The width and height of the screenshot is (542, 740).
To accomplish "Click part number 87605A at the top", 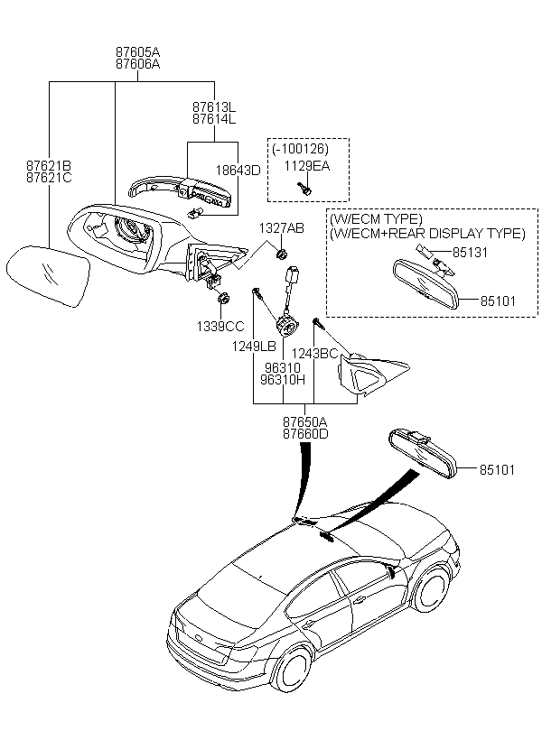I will coord(137,53).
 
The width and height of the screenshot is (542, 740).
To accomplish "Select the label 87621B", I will coord(48,165).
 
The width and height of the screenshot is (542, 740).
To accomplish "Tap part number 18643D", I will coord(237,170).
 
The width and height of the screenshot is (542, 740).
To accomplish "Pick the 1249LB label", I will coord(254,347).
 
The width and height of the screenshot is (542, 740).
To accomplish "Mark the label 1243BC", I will coord(317,353).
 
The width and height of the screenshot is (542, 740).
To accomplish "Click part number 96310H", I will coord(285,380).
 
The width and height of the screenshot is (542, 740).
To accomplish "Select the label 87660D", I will coord(305,434).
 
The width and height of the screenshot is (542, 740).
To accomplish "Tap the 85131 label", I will coord(470,253).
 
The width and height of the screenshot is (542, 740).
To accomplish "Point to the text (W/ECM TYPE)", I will coord(376,219).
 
